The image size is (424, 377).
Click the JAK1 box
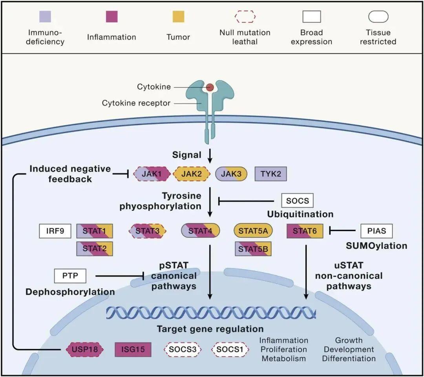pos(152,173)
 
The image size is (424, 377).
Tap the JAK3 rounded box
pos(231,173)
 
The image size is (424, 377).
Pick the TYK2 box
pos(270,173)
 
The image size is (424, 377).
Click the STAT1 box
pos(94,231)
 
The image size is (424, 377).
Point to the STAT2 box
pos(94,248)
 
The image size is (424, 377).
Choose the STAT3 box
pos(147,231)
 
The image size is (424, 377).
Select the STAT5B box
pos(253,248)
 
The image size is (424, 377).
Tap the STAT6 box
pos(305,231)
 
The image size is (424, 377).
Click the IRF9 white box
pos(55,231)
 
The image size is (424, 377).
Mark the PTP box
pos(70,276)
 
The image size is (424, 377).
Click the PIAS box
pos(376,231)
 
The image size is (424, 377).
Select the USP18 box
pos(84,349)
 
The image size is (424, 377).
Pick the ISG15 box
pos(133,349)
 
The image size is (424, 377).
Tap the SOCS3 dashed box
pos(182,349)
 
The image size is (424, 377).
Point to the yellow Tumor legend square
pos(178,17)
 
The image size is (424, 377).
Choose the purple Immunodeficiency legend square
pos(45,17)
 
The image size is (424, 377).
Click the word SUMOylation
pos(376,246)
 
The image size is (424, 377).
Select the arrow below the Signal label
pos(210,157)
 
